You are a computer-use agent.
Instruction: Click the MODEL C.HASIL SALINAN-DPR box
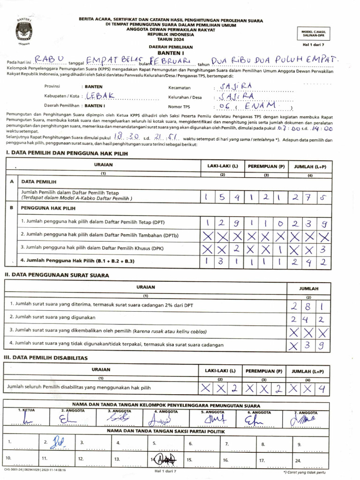pyautogui.click(x=320, y=33)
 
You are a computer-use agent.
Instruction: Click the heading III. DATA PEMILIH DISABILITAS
pyautogui.click(x=46, y=358)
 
